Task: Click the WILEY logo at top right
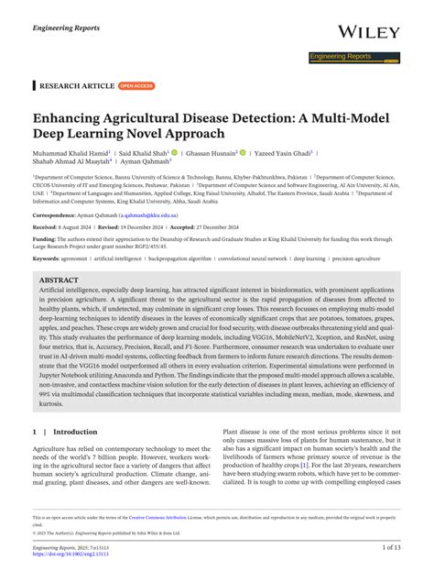[368, 32]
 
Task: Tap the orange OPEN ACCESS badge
[136, 85]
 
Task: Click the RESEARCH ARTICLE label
[76, 85]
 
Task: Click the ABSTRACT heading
[60, 280]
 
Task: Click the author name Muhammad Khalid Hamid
[71, 154]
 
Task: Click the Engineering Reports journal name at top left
[65, 28]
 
